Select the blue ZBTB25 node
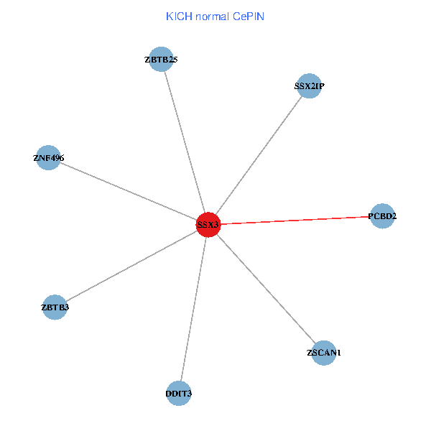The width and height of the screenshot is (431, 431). click(162, 60)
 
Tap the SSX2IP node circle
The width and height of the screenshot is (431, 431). click(309, 86)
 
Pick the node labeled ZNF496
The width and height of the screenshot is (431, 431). click(48, 158)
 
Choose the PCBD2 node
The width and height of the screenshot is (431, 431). click(382, 215)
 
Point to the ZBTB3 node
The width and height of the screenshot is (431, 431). click(55, 307)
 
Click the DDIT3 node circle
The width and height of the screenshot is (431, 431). click(179, 393)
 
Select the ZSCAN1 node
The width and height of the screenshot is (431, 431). click(324, 353)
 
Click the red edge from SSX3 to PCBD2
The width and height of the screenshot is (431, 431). click(295, 220)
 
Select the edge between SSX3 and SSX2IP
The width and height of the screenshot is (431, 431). click(259, 155)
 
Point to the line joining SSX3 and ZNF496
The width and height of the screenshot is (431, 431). click(129, 192)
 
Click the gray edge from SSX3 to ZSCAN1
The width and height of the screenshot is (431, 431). click(266, 288)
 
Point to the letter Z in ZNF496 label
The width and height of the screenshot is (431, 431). click(36, 158)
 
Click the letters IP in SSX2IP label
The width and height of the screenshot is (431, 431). click(320, 86)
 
